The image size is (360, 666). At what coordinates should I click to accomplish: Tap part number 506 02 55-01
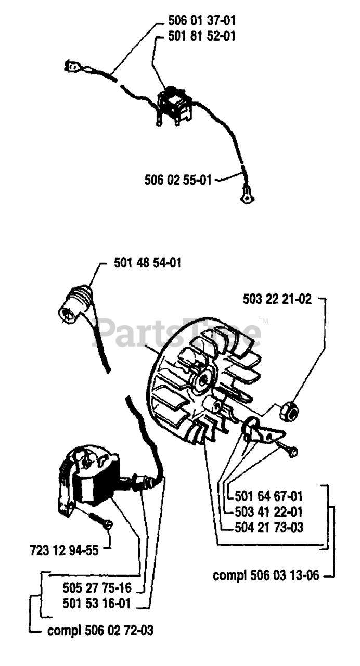click(178, 180)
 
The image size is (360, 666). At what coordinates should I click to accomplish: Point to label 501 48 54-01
click(147, 264)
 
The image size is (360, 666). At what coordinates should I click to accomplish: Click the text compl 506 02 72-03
click(100, 631)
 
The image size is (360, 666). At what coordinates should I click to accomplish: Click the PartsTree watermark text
click(177, 332)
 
